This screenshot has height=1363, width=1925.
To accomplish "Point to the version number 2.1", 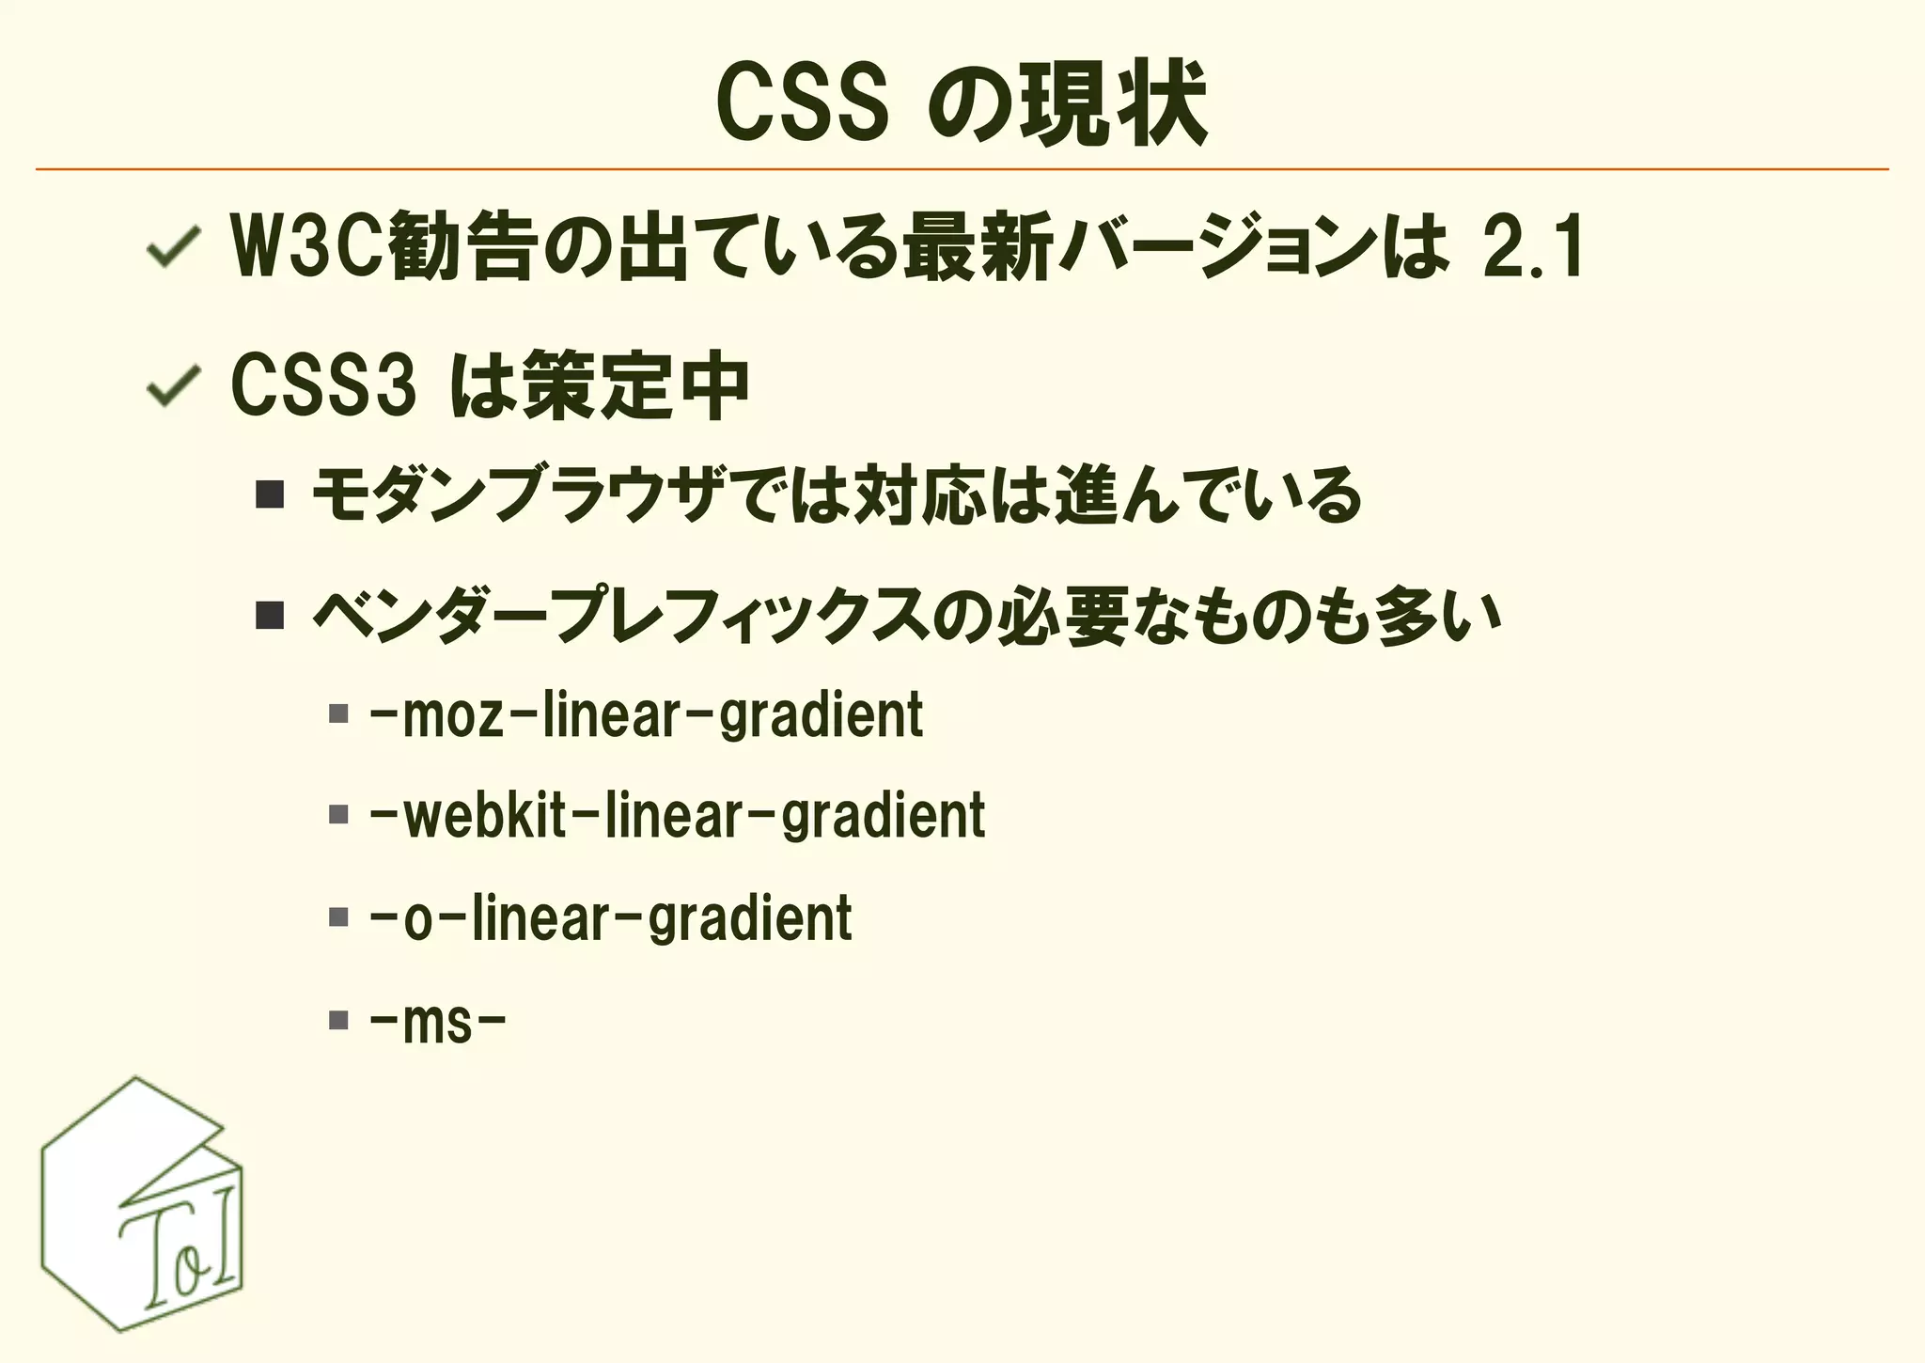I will coord(1533,247).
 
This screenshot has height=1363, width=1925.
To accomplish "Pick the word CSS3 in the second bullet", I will coord(323,385).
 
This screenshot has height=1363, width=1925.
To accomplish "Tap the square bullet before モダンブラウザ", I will coord(270,494).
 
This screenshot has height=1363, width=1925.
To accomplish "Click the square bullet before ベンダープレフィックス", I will coord(270,615).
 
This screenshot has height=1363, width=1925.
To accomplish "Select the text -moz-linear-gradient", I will coord(647,716).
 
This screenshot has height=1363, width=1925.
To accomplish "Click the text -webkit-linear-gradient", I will coord(678,816).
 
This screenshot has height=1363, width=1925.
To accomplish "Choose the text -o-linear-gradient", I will coord(611,918).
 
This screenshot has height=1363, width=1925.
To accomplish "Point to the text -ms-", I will coord(438,1022).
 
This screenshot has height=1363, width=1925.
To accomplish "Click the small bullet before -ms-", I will coord(338,1020).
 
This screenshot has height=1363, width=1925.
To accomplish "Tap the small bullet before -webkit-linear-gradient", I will coord(338,814).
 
